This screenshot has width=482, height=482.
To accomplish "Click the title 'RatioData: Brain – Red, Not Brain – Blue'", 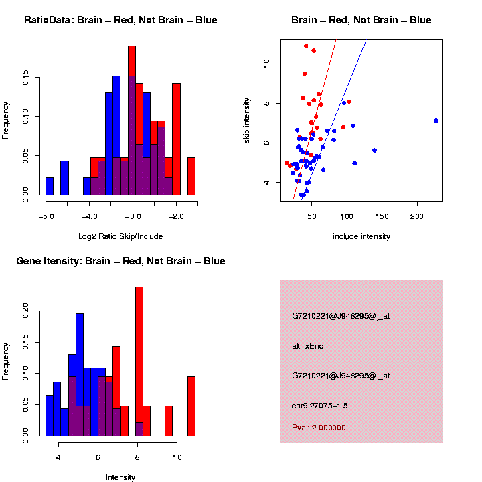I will [120, 20].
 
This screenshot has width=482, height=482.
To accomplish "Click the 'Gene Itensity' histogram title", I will [120, 261].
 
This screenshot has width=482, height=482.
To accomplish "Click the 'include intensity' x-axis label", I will [361, 236].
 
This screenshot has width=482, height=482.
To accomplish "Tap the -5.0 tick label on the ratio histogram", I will [46, 216].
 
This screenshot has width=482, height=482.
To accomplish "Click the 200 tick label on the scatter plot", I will [417, 216].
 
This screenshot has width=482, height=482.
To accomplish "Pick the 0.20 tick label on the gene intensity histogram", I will [25, 309].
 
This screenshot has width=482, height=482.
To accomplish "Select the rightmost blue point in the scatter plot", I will [436, 120].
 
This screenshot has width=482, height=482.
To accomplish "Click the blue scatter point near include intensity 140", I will [375, 151].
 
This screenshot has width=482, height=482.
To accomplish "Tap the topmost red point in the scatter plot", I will [306, 46].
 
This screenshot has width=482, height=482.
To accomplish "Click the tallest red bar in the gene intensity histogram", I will [139, 361].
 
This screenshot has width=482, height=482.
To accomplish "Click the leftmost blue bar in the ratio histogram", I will [50, 187].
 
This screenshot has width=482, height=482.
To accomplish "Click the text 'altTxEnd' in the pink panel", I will [308, 346].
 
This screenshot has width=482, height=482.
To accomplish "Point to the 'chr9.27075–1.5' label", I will [320, 406].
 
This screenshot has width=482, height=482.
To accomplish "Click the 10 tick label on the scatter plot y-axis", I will [267, 63].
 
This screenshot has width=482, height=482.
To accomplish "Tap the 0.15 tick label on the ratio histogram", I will [25, 79].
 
